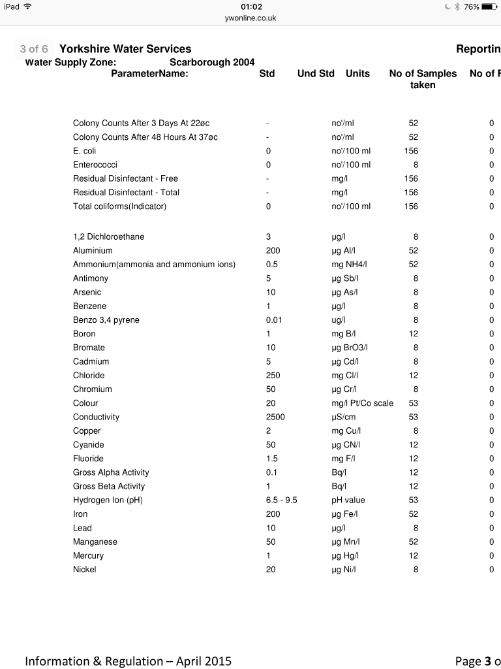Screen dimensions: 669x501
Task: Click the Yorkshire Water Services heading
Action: click(125, 49)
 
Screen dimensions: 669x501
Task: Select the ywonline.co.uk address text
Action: click(250, 18)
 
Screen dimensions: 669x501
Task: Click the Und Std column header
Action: click(316, 74)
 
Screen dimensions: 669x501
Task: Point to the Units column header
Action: click(357, 74)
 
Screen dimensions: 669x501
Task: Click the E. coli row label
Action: click(85, 151)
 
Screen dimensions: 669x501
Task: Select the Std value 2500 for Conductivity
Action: click(275, 417)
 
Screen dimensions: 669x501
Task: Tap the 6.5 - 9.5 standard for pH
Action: click(282, 500)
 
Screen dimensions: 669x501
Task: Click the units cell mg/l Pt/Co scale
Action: click(363, 403)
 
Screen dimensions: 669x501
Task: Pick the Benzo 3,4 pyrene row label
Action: click(106, 320)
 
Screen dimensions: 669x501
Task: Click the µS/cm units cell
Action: click(346, 417)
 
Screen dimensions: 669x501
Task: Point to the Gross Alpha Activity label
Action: click(111, 472)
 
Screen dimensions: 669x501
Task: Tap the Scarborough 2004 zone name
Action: click(212, 63)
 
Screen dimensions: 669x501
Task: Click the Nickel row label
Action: click(85, 570)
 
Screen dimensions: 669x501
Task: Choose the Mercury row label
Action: click(88, 556)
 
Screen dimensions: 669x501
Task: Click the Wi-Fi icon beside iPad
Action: click(27, 7)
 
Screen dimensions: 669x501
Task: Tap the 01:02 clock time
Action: click(250, 7)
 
